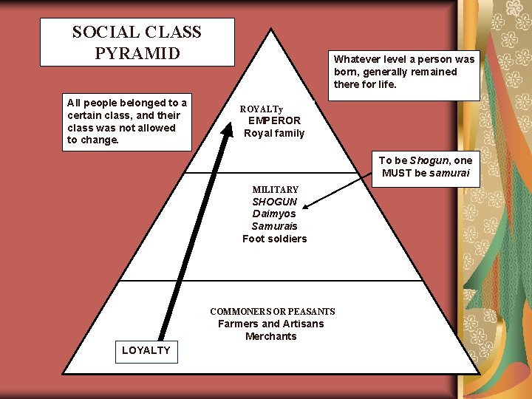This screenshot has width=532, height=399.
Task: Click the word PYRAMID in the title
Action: [x=137, y=53]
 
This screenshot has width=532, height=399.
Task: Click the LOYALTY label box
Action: [x=146, y=350]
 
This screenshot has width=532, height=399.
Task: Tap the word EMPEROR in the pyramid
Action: [x=274, y=120]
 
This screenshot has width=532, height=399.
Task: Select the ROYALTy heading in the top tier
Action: [x=262, y=109]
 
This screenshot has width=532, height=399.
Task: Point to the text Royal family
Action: [x=274, y=133]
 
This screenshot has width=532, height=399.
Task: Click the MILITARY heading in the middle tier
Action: [x=275, y=189]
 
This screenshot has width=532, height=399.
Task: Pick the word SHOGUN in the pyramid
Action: [x=274, y=202]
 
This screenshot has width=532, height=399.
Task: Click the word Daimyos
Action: [x=274, y=214]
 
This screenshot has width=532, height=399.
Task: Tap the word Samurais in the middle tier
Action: [x=274, y=226]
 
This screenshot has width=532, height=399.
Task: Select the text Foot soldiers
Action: [x=274, y=239]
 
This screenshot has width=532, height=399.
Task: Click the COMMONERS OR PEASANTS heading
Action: [x=272, y=312]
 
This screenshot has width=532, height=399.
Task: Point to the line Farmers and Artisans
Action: [x=270, y=324]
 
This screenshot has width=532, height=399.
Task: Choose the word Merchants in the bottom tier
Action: [x=270, y=336]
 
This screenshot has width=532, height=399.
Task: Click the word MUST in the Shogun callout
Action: [x=398, y=173]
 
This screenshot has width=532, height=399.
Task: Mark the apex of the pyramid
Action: [x=272, y=30]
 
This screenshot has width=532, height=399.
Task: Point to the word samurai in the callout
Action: [x=450, y=173]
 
